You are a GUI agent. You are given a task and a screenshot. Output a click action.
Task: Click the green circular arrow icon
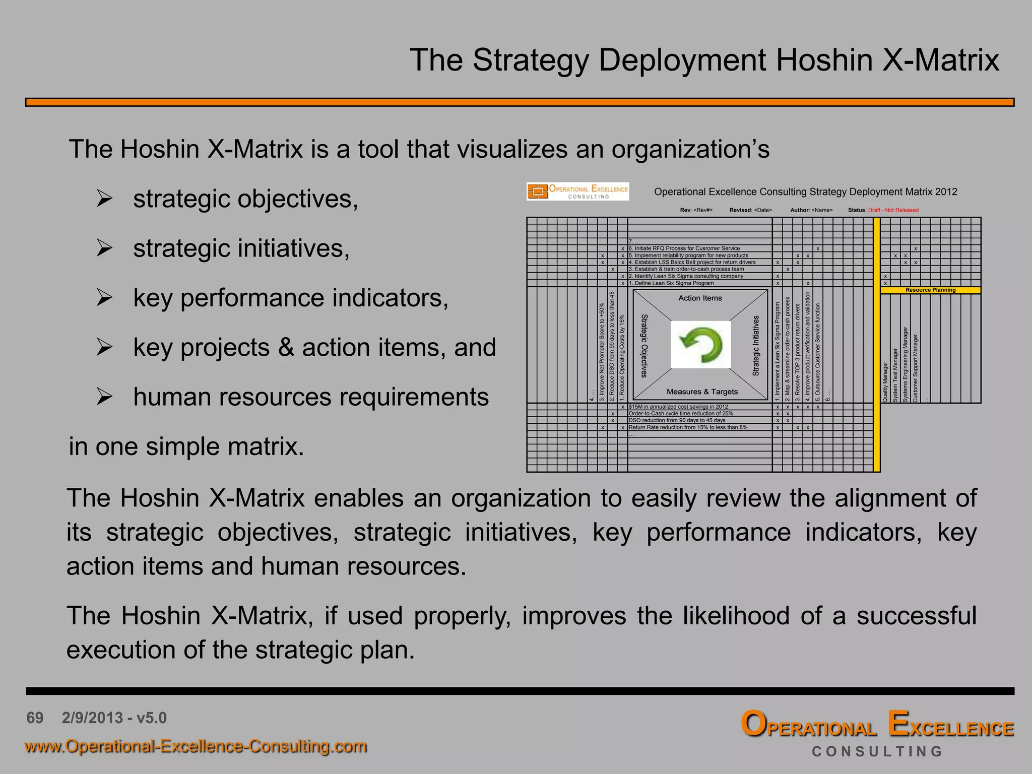pos(700,345)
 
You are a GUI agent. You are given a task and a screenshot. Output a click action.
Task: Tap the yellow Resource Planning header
pos(930,290)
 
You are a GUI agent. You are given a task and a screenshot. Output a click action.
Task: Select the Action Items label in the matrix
pos(700,298)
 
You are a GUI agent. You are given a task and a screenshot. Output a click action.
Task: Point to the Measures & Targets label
pos(702,392)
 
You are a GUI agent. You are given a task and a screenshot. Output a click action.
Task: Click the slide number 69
pos(35,718)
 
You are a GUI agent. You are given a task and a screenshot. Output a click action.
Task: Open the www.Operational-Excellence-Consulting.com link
pos(196,746)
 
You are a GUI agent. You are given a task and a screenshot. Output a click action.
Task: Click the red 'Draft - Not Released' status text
pos(893,210)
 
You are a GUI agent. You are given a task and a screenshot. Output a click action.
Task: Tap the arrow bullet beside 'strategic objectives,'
pos(104,199)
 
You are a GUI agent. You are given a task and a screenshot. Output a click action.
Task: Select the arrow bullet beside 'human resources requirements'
pos(104,397)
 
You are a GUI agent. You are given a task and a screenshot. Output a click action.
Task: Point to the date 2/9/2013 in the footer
pos(92,718)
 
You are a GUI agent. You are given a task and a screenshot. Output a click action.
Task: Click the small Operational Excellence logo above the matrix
pos(577,191)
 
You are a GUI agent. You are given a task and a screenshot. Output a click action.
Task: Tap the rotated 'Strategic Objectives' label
pos(644,346)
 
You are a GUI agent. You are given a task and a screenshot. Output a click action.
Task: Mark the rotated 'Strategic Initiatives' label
pos(756,346)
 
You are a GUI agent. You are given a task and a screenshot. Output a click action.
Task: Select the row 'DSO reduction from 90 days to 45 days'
pos(677,420)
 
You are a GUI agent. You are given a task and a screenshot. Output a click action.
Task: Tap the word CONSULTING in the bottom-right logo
pos(877,751)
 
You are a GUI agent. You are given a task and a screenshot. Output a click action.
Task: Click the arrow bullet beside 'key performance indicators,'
pos(104,298)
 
